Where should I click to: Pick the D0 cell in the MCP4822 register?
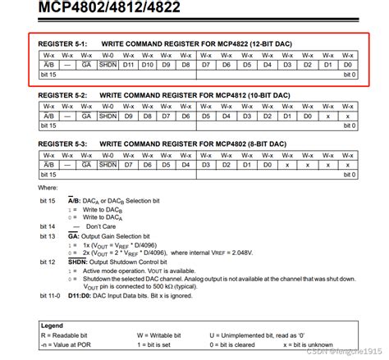tap(348, 64)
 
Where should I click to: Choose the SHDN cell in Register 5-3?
tap(107, 164)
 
